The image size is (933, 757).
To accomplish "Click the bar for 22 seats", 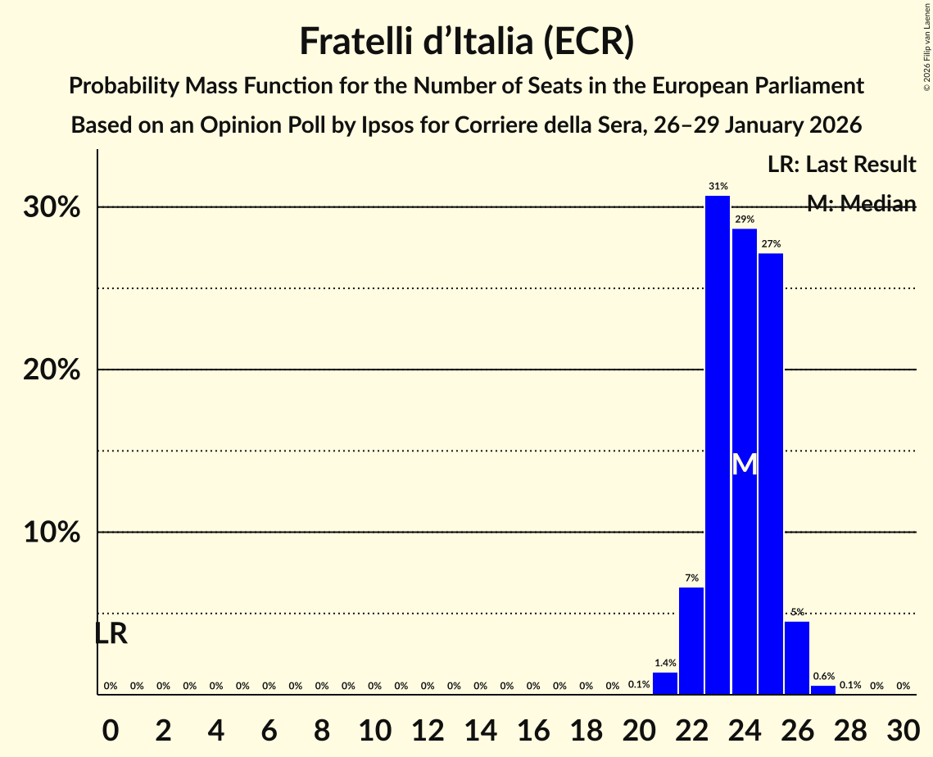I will coord(691,641).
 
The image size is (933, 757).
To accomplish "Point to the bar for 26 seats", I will coord(797,658).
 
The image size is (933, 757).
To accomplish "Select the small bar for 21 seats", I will coord(665,683).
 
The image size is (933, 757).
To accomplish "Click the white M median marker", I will coord(744,465).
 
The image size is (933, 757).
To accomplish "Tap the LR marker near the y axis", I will coord(111,634).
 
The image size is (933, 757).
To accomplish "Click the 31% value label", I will coord(718,187).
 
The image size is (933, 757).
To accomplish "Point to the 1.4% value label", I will coord(665,663).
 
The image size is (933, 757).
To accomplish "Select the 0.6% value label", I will coord(823,677).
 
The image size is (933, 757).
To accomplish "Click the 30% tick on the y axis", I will coord(52,207).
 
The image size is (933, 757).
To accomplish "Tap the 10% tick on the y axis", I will coord(52,533).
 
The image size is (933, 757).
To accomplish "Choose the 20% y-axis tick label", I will coord(52,370).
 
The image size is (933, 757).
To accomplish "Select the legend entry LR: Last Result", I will coord(841,165).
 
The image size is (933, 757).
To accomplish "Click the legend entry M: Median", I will coord(861,204).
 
